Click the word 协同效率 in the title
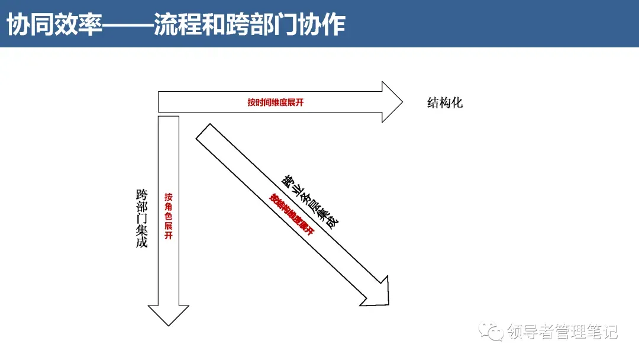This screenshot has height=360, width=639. point(54,25)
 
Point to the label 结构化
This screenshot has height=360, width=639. point(445,103)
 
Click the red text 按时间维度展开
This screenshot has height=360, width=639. point(276,102)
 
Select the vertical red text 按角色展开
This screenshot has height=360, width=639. point(169,216)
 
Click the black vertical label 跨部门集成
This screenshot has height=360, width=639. point(141,218)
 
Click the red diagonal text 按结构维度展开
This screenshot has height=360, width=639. point(291,214)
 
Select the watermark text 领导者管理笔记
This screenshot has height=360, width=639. point(562,332)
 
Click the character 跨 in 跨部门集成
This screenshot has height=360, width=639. point(141,194)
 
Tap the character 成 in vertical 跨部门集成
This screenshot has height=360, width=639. point(141,242)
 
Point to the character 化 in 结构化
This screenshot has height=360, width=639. point(457,103)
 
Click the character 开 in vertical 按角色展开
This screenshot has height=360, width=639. point(169,236)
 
